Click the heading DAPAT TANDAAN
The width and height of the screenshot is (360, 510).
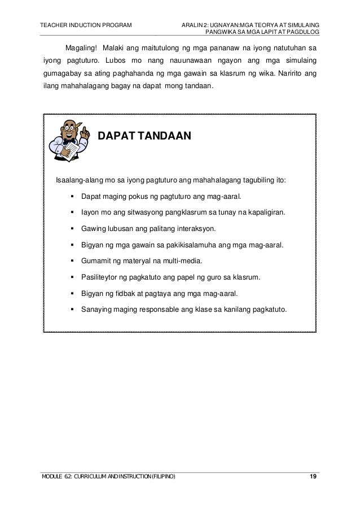click(146, 137)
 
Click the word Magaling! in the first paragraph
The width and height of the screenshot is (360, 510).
click(81, 46)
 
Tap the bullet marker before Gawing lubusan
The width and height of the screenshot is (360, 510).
click(73, 229)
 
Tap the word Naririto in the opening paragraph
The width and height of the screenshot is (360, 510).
click(289, 74)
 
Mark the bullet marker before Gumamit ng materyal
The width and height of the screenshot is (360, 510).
click(73, 261)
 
